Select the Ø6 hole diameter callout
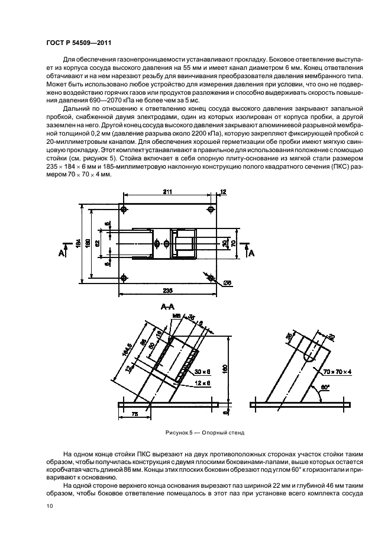228,283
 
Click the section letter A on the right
251,253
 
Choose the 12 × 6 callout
203,383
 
